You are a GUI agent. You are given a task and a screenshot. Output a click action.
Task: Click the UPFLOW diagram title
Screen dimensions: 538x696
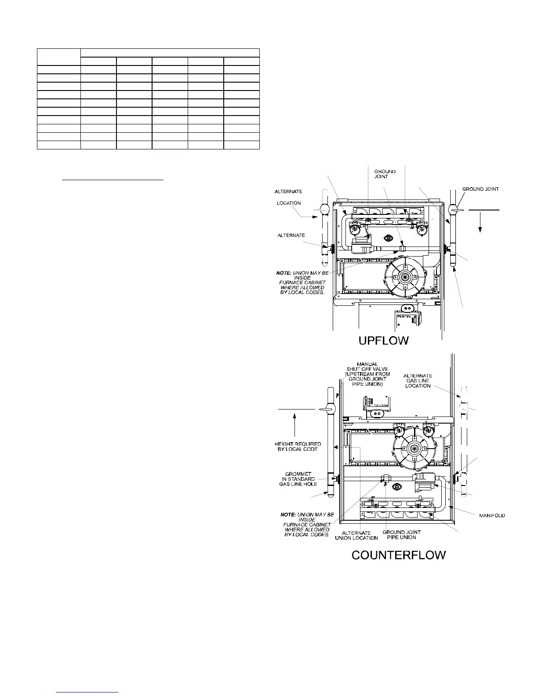point(384,340)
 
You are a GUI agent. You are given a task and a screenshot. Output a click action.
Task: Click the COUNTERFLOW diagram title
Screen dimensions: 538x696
point(399,555)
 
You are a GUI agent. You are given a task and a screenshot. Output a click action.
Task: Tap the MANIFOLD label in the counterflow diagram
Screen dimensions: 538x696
point(491,515)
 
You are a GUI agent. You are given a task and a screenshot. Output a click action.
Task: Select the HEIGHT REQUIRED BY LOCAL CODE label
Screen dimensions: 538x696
point(298,446)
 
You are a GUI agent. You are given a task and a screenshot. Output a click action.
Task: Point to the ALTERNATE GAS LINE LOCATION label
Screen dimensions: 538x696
point(418,381)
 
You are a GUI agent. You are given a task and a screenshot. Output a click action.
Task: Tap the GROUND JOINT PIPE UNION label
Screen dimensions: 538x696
point(402,535)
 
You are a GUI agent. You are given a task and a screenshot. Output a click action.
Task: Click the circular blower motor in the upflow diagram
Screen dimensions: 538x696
point(403,278)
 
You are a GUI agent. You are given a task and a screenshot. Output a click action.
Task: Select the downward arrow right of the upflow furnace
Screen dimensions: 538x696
point(480,224)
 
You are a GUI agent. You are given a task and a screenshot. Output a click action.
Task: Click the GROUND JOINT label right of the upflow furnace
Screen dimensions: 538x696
point(480,189)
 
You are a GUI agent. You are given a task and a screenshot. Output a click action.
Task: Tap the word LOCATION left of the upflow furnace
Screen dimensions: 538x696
point(289,203)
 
